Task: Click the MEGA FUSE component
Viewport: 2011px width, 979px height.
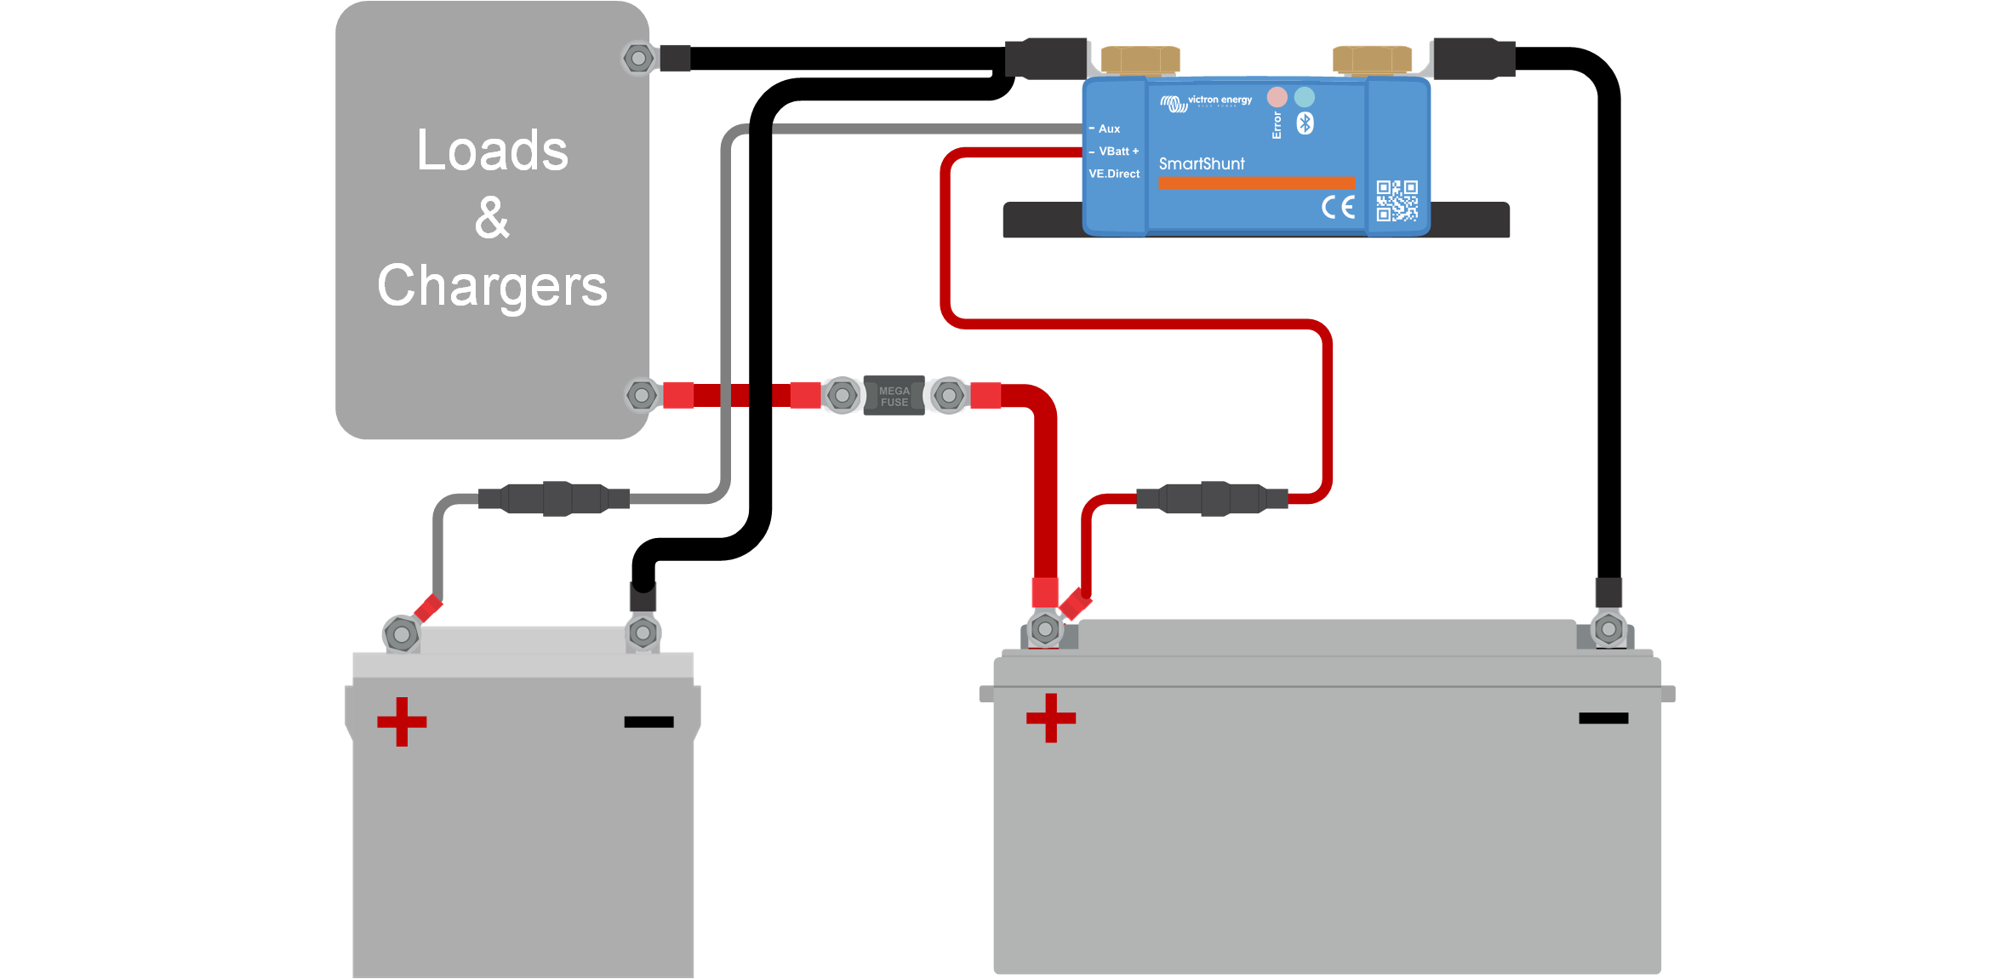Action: click(894, 396)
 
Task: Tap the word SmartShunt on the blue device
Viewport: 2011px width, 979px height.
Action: click(1201, 163)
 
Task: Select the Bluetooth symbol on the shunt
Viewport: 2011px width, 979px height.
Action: click(1305, 123)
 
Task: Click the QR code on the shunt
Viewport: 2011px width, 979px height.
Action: click(1397, 201)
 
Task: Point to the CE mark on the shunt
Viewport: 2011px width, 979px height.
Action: click(1338, 207)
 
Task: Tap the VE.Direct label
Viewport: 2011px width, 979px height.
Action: click(1114, 174)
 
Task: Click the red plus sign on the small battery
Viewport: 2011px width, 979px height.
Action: click(402, 722)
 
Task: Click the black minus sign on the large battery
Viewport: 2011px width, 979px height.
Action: click(1603, 719)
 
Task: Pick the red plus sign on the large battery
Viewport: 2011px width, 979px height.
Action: click(1051, 718)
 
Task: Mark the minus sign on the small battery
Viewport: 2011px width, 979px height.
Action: click(648, 722)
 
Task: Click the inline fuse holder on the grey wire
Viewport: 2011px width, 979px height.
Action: click(554, 499)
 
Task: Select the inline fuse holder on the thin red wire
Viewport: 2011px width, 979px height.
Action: click(1213, 499)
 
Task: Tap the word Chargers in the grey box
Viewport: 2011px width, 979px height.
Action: click(492, 286)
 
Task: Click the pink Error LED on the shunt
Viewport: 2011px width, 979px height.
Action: click(1277, 96)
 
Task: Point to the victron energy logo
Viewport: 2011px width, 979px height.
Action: click(1207, 102)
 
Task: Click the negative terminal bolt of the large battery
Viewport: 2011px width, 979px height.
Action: click(1608, 630)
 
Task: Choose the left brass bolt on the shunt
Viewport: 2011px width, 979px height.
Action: click(1140, 60)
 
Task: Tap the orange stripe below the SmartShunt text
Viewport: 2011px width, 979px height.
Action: click(1256, 183)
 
